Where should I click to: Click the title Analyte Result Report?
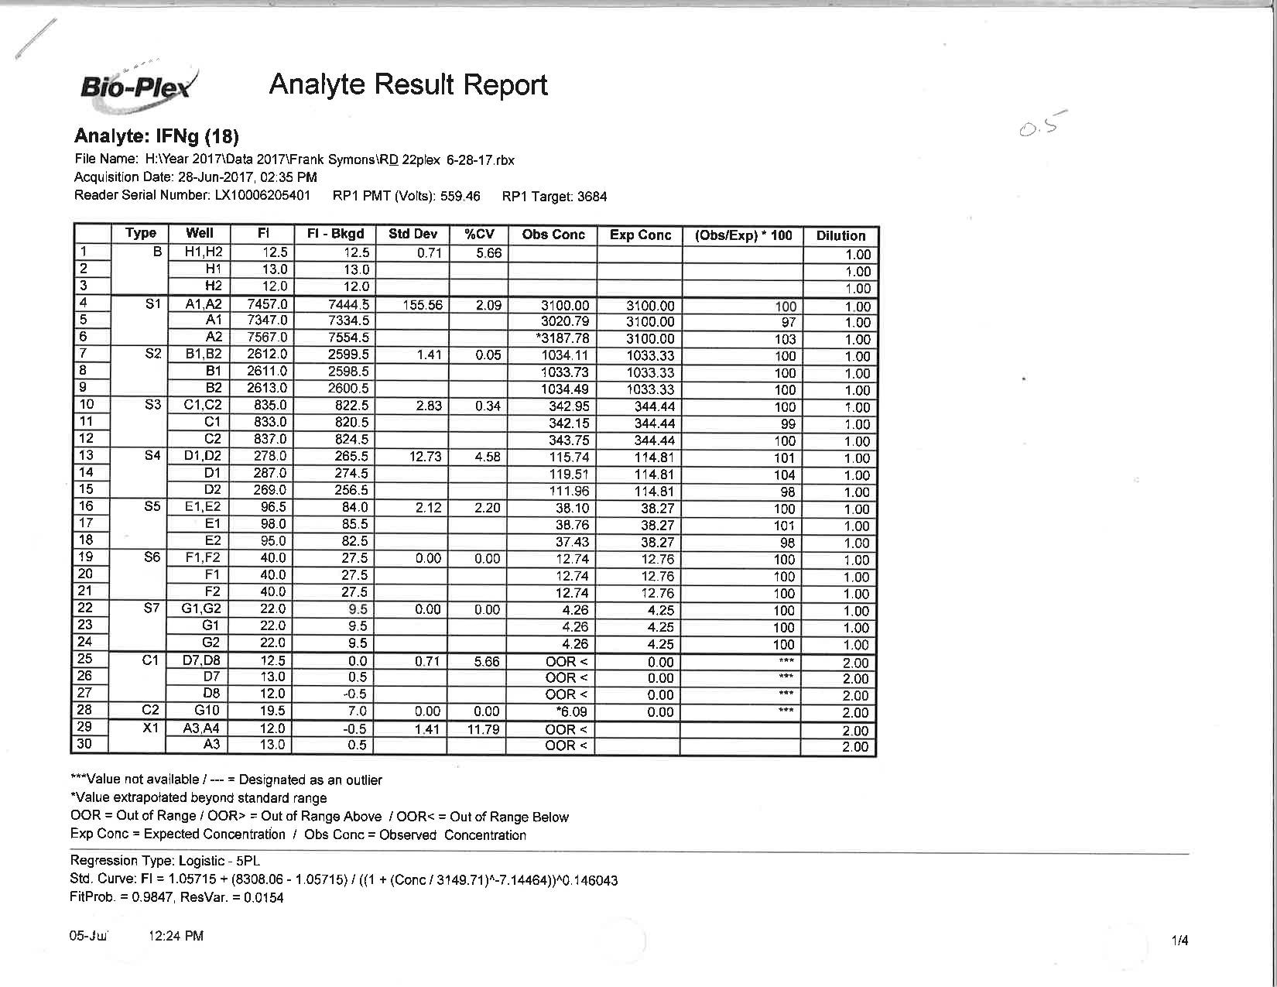tap(408, 84)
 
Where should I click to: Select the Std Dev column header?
tap(413, 234)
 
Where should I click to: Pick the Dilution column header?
tap(840, 235)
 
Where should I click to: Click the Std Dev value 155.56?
tap(423, 305)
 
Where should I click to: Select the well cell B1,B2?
tap(203, 355)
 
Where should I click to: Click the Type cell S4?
tap(152, 455)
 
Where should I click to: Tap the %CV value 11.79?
tap(483, 729)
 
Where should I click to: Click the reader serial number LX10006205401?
tap(262, 195)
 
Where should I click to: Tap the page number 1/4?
tap(1179, 941)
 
